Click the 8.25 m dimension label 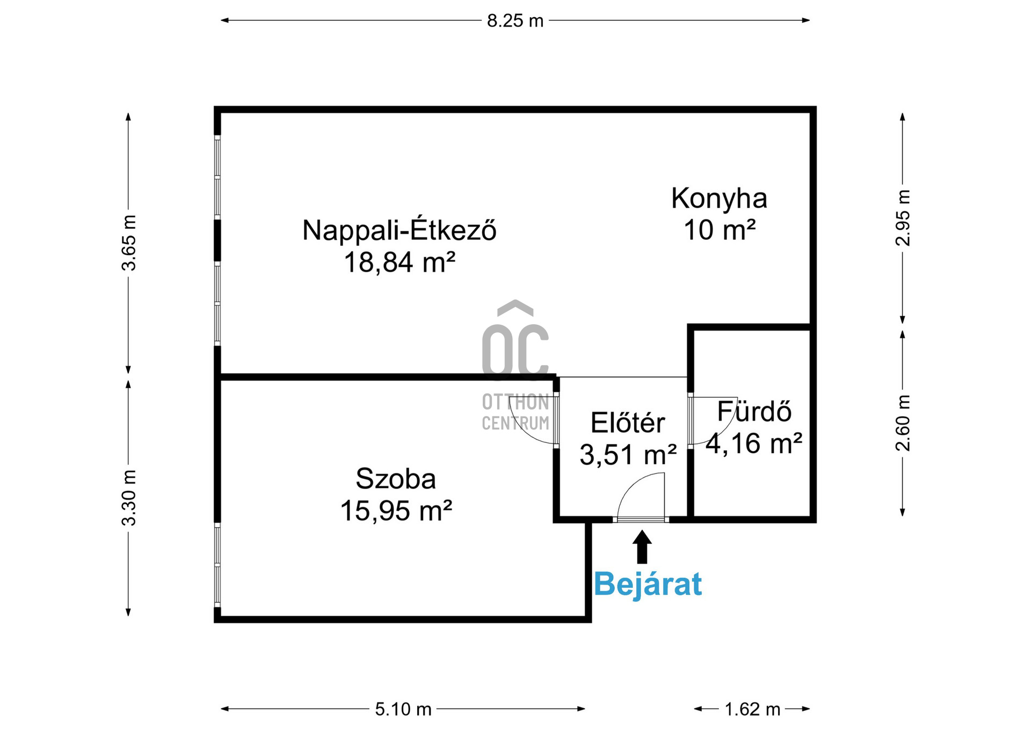(x=515, y=21)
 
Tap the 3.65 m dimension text (x=129, y=243)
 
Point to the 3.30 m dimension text (x=129, y=498)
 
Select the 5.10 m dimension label (x=403, y=709)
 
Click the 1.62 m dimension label (x=752, y=709)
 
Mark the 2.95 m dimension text (x=903, y=218)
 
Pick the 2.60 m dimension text (x=903, y=423)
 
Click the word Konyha (x=719, y=199)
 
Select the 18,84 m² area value (x=400, y=263)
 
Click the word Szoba (x=396, y=479)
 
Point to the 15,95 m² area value (x=396, y=511)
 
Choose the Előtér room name (x=628, y=422)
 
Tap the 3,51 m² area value (x=628, y=455)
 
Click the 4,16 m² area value (x=754, y=443)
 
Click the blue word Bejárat (x=648, y=584)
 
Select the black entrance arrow (x=642, y=547)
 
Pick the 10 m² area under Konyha (x=720, y=230)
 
